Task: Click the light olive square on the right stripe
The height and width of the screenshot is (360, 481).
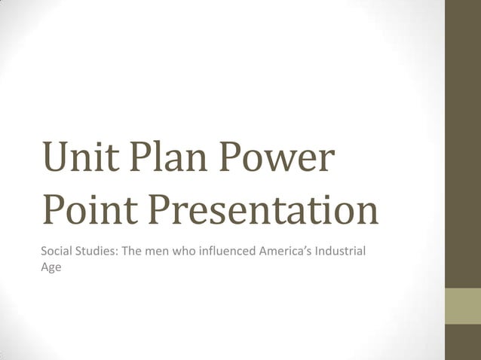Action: tap(463, 306)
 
